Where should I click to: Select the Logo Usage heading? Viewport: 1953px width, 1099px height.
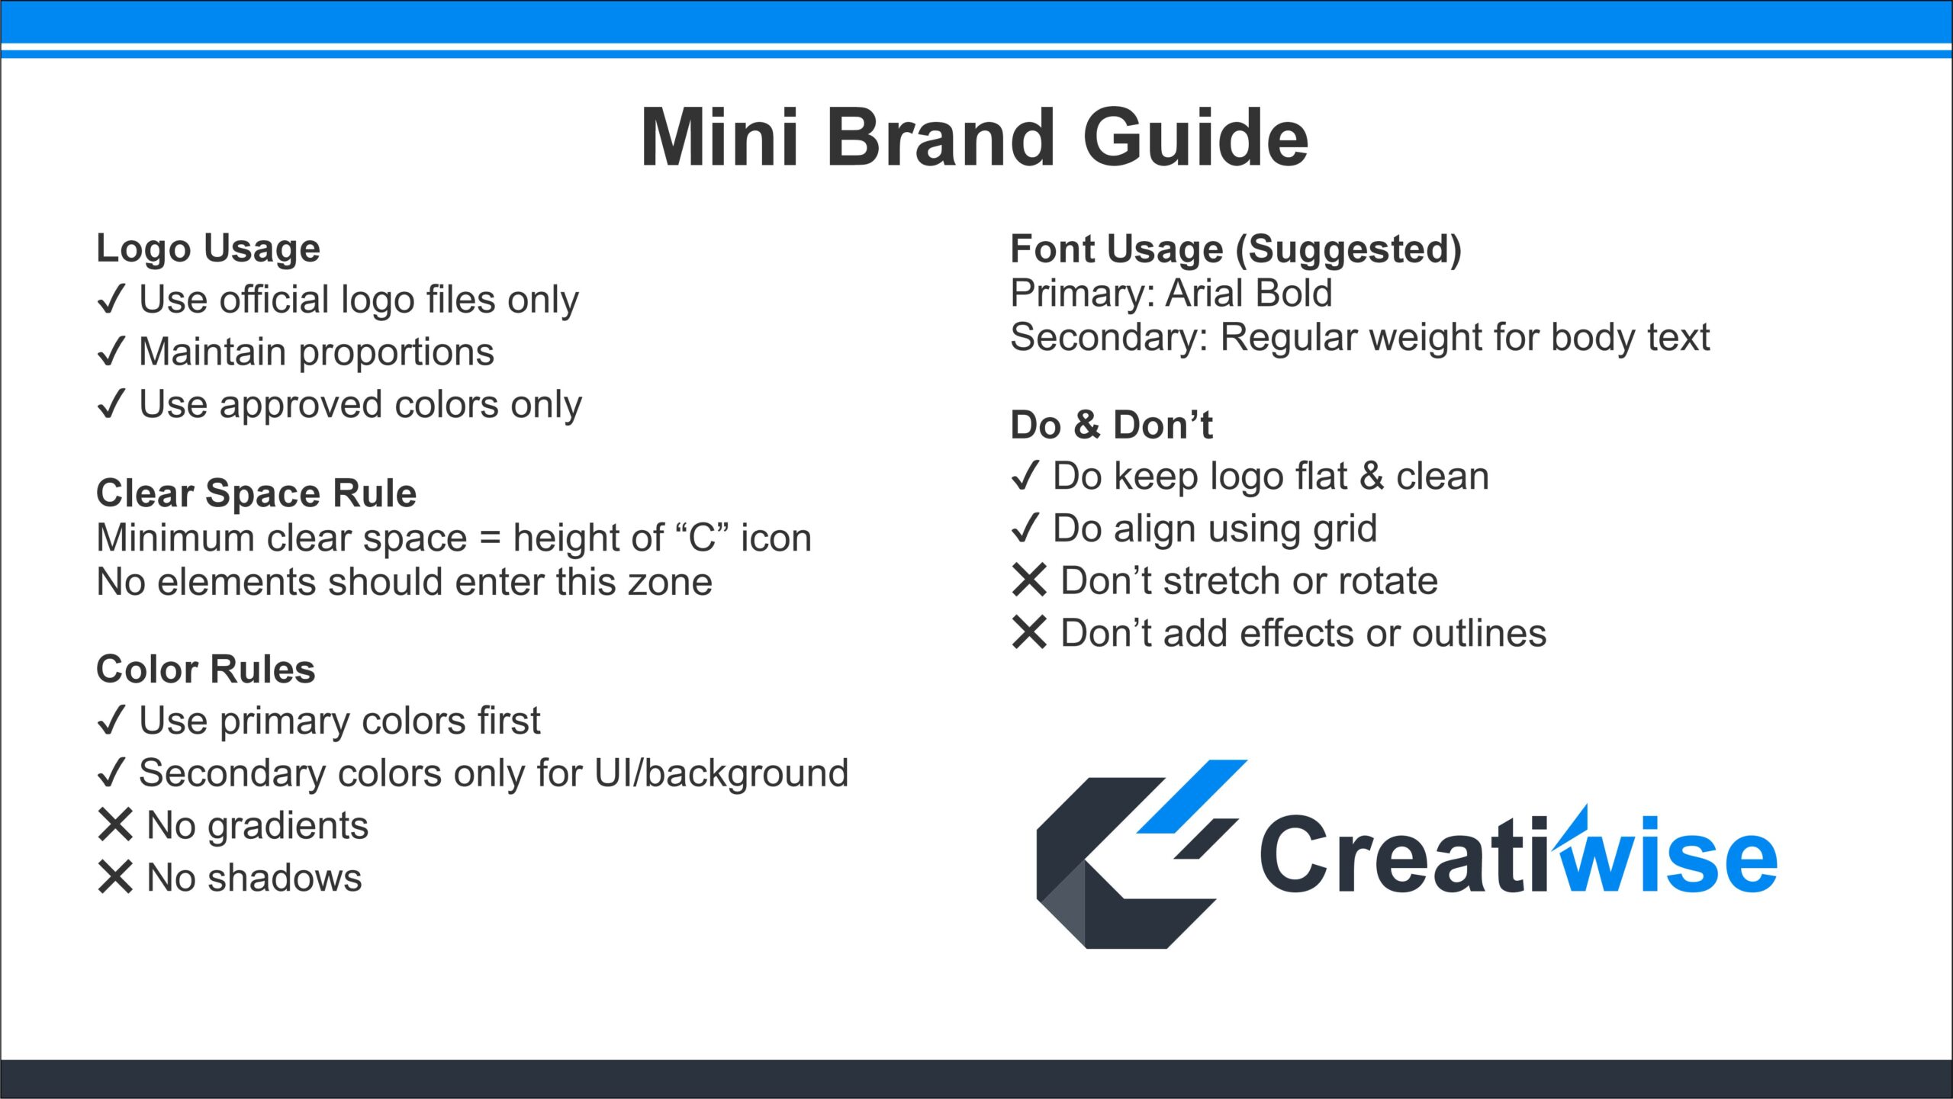[208, 249]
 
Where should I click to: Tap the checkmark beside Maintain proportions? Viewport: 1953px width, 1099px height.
[111, 352]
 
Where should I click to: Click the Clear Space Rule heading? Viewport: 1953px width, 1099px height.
[256, 493]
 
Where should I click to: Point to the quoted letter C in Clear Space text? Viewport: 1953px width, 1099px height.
[701, 538]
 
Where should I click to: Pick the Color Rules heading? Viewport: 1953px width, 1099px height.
[206, 670]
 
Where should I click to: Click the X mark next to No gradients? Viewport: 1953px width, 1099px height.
[115, 825]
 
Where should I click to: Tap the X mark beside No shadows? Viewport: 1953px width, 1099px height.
[115, 877]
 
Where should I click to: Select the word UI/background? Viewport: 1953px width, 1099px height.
[721, 774]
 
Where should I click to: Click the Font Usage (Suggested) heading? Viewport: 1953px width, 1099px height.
[1236, 249]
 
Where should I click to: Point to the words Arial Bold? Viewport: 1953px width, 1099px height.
[1250, 293]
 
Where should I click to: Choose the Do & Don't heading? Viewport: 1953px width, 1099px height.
[1112, 425]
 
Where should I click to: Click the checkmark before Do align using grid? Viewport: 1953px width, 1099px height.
[1025, 528]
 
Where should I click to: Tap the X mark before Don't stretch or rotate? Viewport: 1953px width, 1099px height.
[1029, 580]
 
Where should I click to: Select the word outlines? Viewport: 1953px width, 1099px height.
[1478, 633]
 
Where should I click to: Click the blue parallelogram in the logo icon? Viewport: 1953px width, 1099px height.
[1192, 795]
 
